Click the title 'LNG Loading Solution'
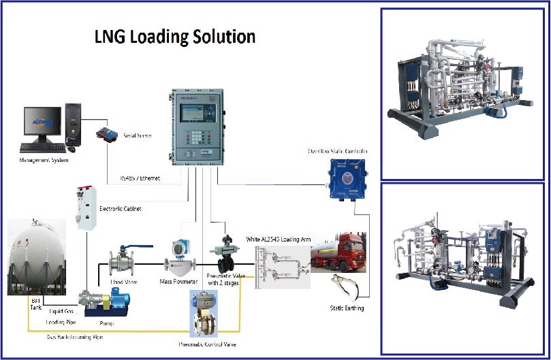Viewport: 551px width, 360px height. [x=175, y=36]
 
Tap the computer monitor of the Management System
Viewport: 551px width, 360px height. [x=38, y=122]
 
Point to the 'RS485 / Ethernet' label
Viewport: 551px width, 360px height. [x=140, y=178]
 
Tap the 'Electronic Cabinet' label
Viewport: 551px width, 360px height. [x=121, y=209]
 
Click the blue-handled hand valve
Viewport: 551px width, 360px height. [x=123, y=261]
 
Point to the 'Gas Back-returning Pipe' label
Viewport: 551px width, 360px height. [x=75, y=337]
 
